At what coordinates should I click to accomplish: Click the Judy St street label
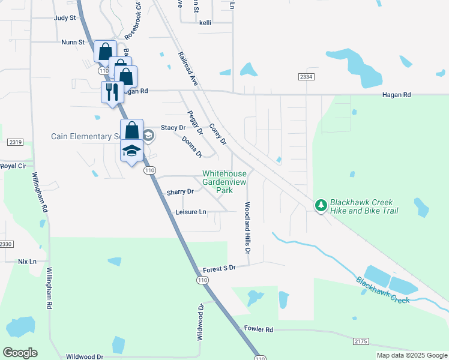tap(65, 18)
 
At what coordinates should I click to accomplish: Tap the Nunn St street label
tap(73, 43)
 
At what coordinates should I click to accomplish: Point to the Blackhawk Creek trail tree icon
tap(321, 206)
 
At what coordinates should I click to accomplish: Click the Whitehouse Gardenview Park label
tap(224, 182)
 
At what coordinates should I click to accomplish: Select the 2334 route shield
tap(306, 77)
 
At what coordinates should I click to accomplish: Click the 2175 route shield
tap(360, 341)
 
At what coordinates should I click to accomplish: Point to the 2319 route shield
tap(16, 142)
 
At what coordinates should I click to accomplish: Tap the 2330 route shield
tap(6, 244)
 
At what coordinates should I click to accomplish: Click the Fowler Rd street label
tap(259, 329)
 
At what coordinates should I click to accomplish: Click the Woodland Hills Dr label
tap(247, 226)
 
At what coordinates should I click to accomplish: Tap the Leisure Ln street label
tap(191, 212)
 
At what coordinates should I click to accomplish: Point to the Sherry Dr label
tap(180, 192)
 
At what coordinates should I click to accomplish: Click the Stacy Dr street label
tap(172, 128)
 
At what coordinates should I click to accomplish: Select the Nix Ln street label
tap(27, 262)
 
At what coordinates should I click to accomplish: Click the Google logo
tap(20, 353)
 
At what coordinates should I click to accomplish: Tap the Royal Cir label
tap(13, 166)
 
